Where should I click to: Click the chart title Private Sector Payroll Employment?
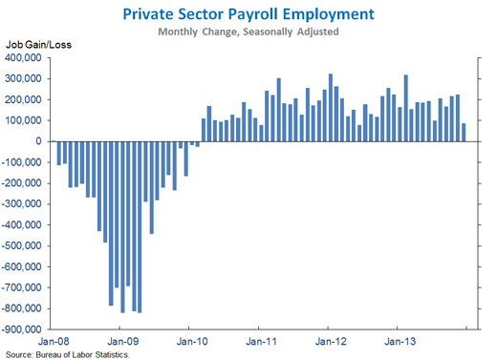(248, 14)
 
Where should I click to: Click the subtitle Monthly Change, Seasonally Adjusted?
(248, 32)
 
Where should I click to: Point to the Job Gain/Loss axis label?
(39, 45)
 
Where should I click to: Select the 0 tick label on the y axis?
(46, 141)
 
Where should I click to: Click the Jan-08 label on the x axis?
(54, 341)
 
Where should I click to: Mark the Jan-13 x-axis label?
(399, 341)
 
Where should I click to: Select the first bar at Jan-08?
(58, 153)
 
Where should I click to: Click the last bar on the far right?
(465, 133)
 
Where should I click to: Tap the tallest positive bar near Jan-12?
(331, 108)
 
